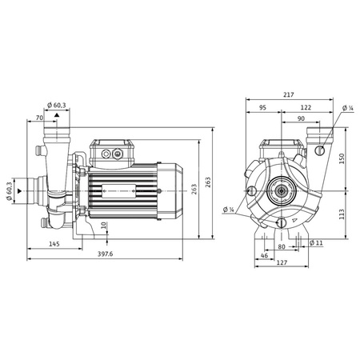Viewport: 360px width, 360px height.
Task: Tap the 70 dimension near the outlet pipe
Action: coord(40,118)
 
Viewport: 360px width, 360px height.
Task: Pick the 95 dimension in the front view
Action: coord(262,107)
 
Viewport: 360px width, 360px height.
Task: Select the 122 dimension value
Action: coord(306,107)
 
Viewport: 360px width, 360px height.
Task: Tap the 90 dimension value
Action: coord(298,118)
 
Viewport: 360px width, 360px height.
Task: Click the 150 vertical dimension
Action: coord(343,158)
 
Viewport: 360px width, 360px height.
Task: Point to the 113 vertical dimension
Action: coord(343,214)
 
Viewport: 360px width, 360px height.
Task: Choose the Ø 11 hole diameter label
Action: coord(316,242)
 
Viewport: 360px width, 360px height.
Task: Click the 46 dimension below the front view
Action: coord(265,254)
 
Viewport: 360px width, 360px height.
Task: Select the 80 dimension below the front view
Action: coord(281,247)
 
